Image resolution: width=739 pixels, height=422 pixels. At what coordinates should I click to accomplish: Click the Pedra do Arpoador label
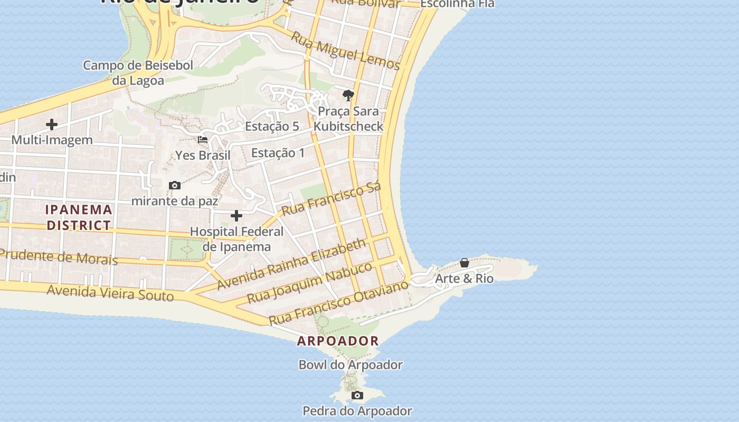[x=357, y=410]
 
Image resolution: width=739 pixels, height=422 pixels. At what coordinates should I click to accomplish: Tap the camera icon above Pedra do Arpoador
[x=357, y=395]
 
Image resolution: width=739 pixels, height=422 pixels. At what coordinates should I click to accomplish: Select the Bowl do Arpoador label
[x=350, y=365]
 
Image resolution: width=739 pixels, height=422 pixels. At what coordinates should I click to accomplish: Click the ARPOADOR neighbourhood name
[x=338, y=341]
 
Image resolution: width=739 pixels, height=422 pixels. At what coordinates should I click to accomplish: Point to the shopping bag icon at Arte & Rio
[x=465, y=263]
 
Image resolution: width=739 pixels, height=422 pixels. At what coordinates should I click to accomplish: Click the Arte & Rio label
[x=464, y=279]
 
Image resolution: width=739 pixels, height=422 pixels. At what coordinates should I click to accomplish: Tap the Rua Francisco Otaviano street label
[x=338, y=303]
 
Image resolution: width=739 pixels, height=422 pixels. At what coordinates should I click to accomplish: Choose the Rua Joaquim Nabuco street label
[x=310, y=282]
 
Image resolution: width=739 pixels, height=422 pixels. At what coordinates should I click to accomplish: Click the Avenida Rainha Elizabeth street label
[x=291, y=263]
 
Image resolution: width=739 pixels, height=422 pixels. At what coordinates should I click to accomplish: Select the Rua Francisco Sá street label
[x=331, y=199]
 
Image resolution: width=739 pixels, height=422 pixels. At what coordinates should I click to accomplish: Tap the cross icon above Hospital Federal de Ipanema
[x=236, y=216]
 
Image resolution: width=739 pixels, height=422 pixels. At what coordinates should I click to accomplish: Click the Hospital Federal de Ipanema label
[x=236, y=239]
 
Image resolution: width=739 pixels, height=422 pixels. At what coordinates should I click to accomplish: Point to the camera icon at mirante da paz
[x=175, y=185]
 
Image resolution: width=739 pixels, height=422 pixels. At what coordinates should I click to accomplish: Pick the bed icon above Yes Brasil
[x=203, y=140]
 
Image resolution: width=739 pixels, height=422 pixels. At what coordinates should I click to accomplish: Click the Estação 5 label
[x=272, y=126]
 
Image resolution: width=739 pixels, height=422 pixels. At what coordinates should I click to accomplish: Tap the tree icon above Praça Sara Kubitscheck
[x=348, y=95]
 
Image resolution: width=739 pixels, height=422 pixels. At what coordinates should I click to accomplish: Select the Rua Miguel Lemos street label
[x=345, y=51]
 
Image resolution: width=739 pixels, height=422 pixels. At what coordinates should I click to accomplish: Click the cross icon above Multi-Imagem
[x=52, y=124]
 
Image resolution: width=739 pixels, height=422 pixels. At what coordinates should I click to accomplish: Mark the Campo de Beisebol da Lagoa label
[x=138, y=73]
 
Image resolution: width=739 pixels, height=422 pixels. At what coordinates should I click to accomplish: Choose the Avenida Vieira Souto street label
[x=110, y=292]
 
